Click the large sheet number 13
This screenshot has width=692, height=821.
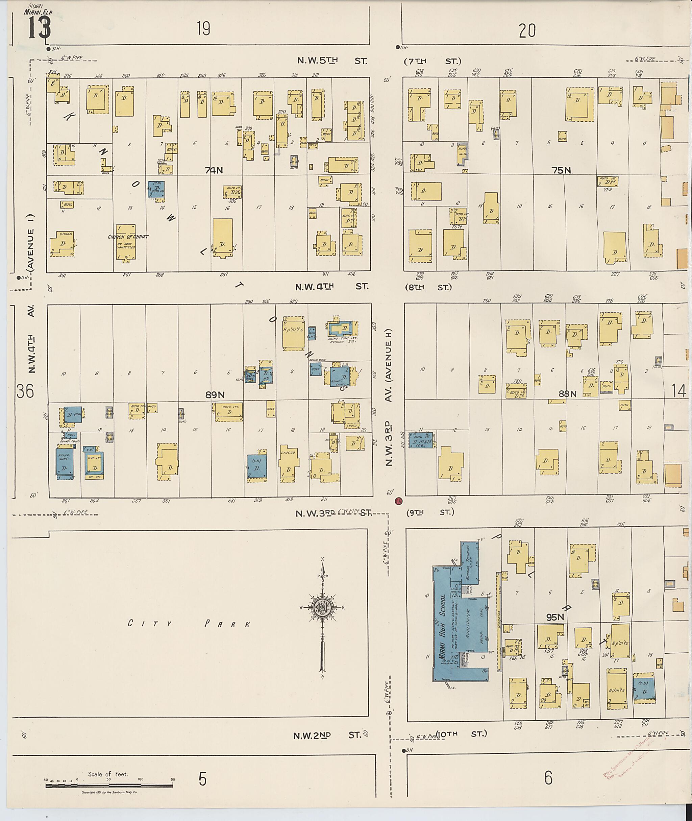(x=39, y=27)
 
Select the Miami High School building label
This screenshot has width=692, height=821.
(x=443, y=627)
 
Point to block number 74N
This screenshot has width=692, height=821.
(x=214, y=170)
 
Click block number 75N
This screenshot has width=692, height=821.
(x=561, y=170)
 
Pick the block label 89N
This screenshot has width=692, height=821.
(x=215, y=395)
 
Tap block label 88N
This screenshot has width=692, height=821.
(x=567, y=394)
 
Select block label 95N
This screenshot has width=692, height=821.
(x=555, y=617)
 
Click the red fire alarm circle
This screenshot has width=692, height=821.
(x=399, y=501)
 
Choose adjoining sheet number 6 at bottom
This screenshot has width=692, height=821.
(x=548, y=777)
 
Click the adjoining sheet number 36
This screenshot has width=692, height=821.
(x=25, y=391)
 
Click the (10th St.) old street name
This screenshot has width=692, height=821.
(x=461, y=734)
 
